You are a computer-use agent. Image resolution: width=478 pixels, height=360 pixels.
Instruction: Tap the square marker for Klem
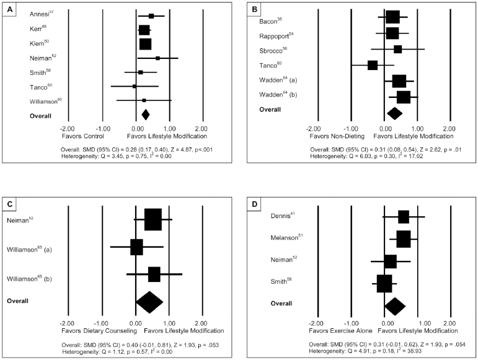145,44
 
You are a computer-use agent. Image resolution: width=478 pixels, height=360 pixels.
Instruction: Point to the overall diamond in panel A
146,114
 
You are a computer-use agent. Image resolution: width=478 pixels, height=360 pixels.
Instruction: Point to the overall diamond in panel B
394,113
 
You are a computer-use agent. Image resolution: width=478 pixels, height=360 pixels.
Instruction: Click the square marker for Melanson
403,239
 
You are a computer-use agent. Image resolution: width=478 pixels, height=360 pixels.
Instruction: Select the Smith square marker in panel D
384,283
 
